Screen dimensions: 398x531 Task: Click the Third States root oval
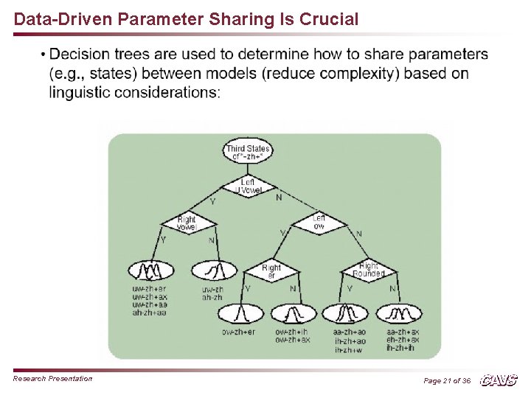click(x=248, y=153)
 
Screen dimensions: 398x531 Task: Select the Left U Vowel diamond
click(x=248, y=186)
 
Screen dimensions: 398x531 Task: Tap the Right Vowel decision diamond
click(x=187, y=223)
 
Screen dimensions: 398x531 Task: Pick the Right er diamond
click(x=271, y=270)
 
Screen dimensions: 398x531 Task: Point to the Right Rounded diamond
click(x=369, y=270)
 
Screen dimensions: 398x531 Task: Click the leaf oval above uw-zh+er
click(x=149, y=270)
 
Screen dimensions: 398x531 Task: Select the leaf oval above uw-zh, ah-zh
click(x=212, y=270)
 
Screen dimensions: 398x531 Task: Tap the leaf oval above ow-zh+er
click(x=239, y=315)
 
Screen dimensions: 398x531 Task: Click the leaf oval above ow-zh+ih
click(x=293, y=315)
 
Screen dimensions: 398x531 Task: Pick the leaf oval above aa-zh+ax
click(x=403, y=315)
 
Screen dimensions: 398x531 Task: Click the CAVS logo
click(x=499, y=380)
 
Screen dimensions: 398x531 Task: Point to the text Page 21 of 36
click(x=447, y=381)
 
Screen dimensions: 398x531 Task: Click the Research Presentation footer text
click(x=53, y=379)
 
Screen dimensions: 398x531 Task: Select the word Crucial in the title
click(x=327, y=20)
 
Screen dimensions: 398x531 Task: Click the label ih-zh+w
click(x=349, y=350)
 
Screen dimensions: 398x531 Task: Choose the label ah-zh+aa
click(x=149, y=313)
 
